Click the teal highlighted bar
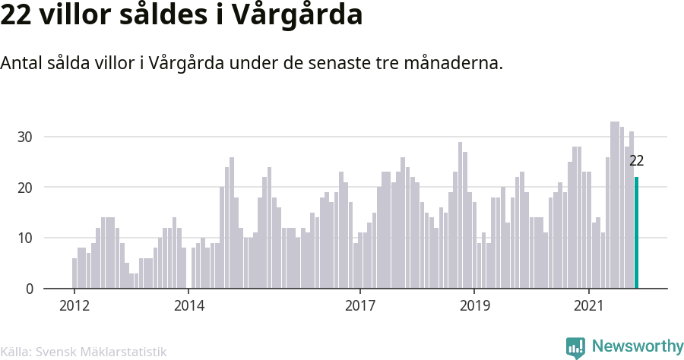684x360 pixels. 636,232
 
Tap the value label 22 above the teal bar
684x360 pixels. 636,161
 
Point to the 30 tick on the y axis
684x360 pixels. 25,137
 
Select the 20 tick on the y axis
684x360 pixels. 25,188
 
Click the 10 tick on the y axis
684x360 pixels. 25,238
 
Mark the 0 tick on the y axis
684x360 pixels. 29,289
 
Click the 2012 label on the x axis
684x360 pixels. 74,305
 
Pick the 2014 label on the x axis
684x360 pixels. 189,305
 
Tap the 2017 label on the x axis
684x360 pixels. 360,305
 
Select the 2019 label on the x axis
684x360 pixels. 474,305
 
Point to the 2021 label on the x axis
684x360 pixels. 588,305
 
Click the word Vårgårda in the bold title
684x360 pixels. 296,15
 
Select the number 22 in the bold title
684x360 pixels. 15,15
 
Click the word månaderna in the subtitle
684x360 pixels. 453,63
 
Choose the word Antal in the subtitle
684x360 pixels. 21,63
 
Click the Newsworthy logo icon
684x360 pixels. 575,347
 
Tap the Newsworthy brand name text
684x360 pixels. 638,346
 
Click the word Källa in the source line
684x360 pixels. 14,352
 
